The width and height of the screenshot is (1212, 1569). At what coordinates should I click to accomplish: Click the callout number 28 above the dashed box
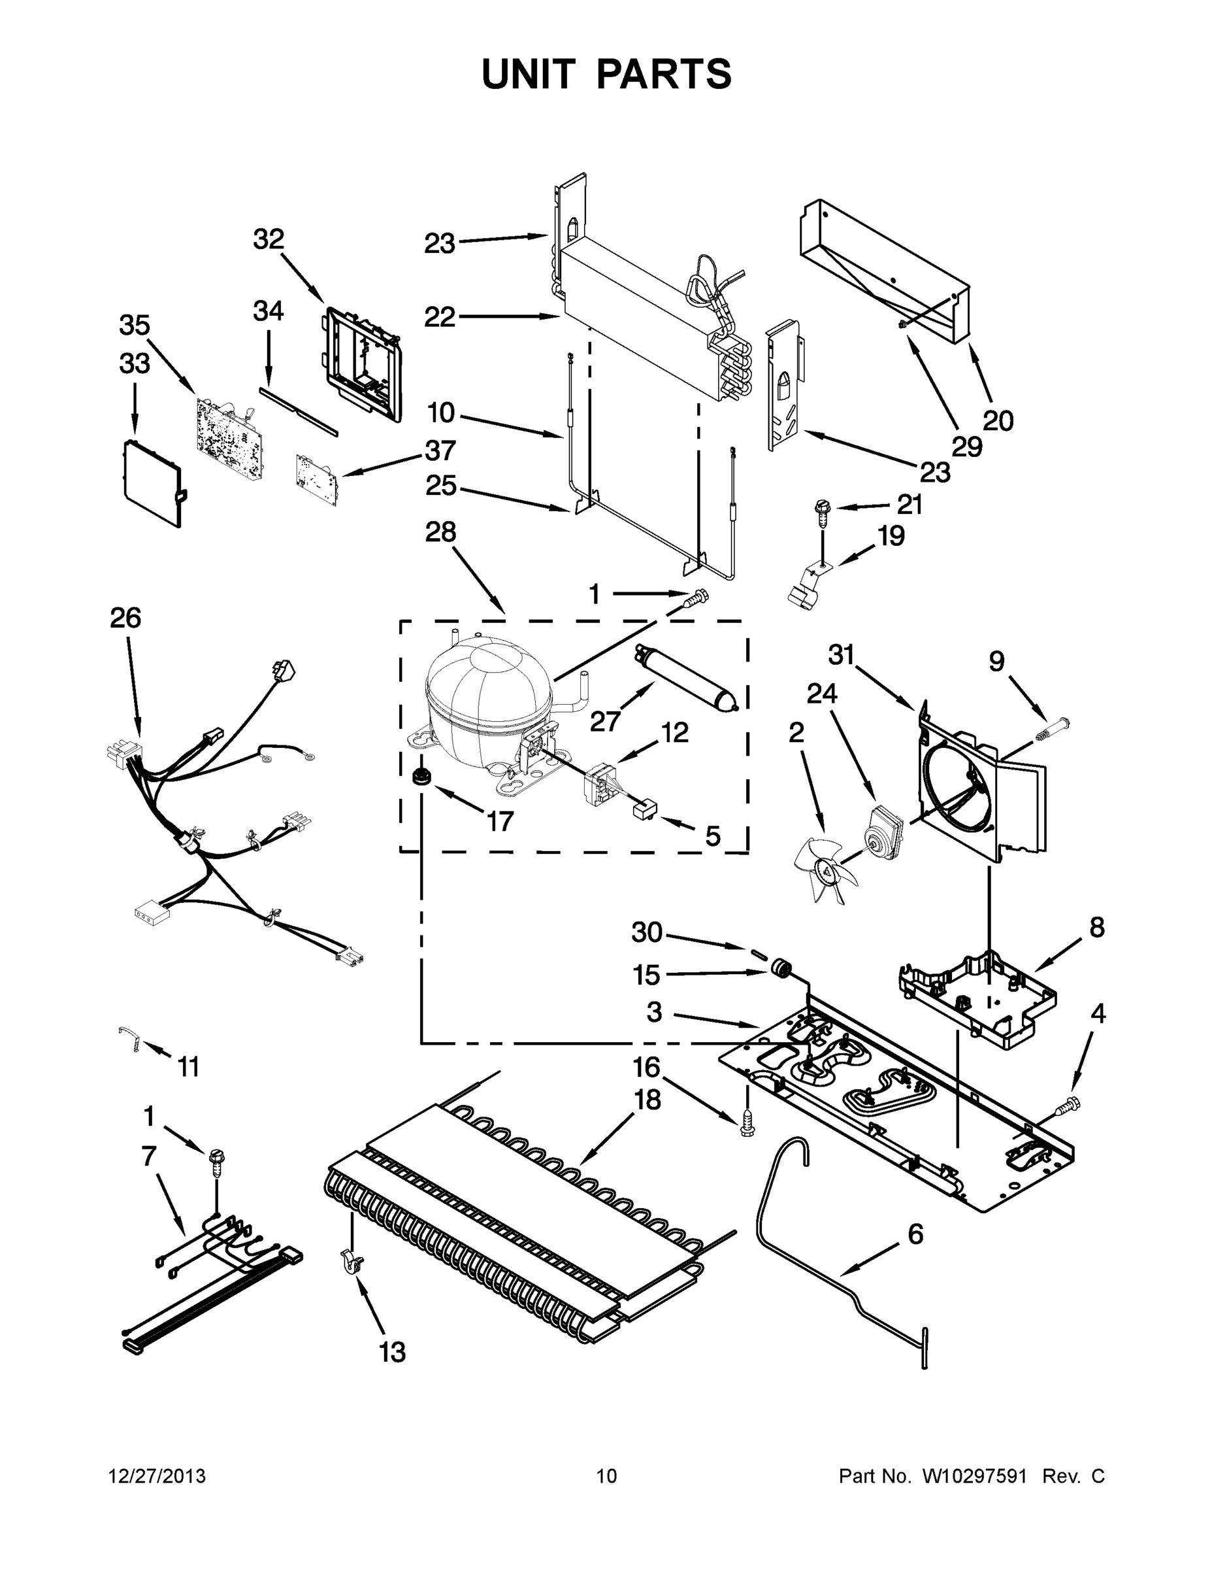pyautogui.click(x=440, y=533)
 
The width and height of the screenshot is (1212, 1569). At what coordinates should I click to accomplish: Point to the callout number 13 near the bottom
pyautogui.click(x=392, y=1351)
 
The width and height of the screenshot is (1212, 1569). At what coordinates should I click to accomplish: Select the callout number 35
pyautogui.click(x=135, y=326)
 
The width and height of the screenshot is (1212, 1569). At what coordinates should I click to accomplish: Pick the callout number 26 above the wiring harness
pyautogui.click(x=125, y=618)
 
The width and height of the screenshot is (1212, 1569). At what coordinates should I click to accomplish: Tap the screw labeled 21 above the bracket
pyautogui.click(x=821, y=511)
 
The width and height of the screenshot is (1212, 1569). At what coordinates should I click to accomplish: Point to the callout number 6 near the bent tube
pyautogui.click(x=915, y=1234)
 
